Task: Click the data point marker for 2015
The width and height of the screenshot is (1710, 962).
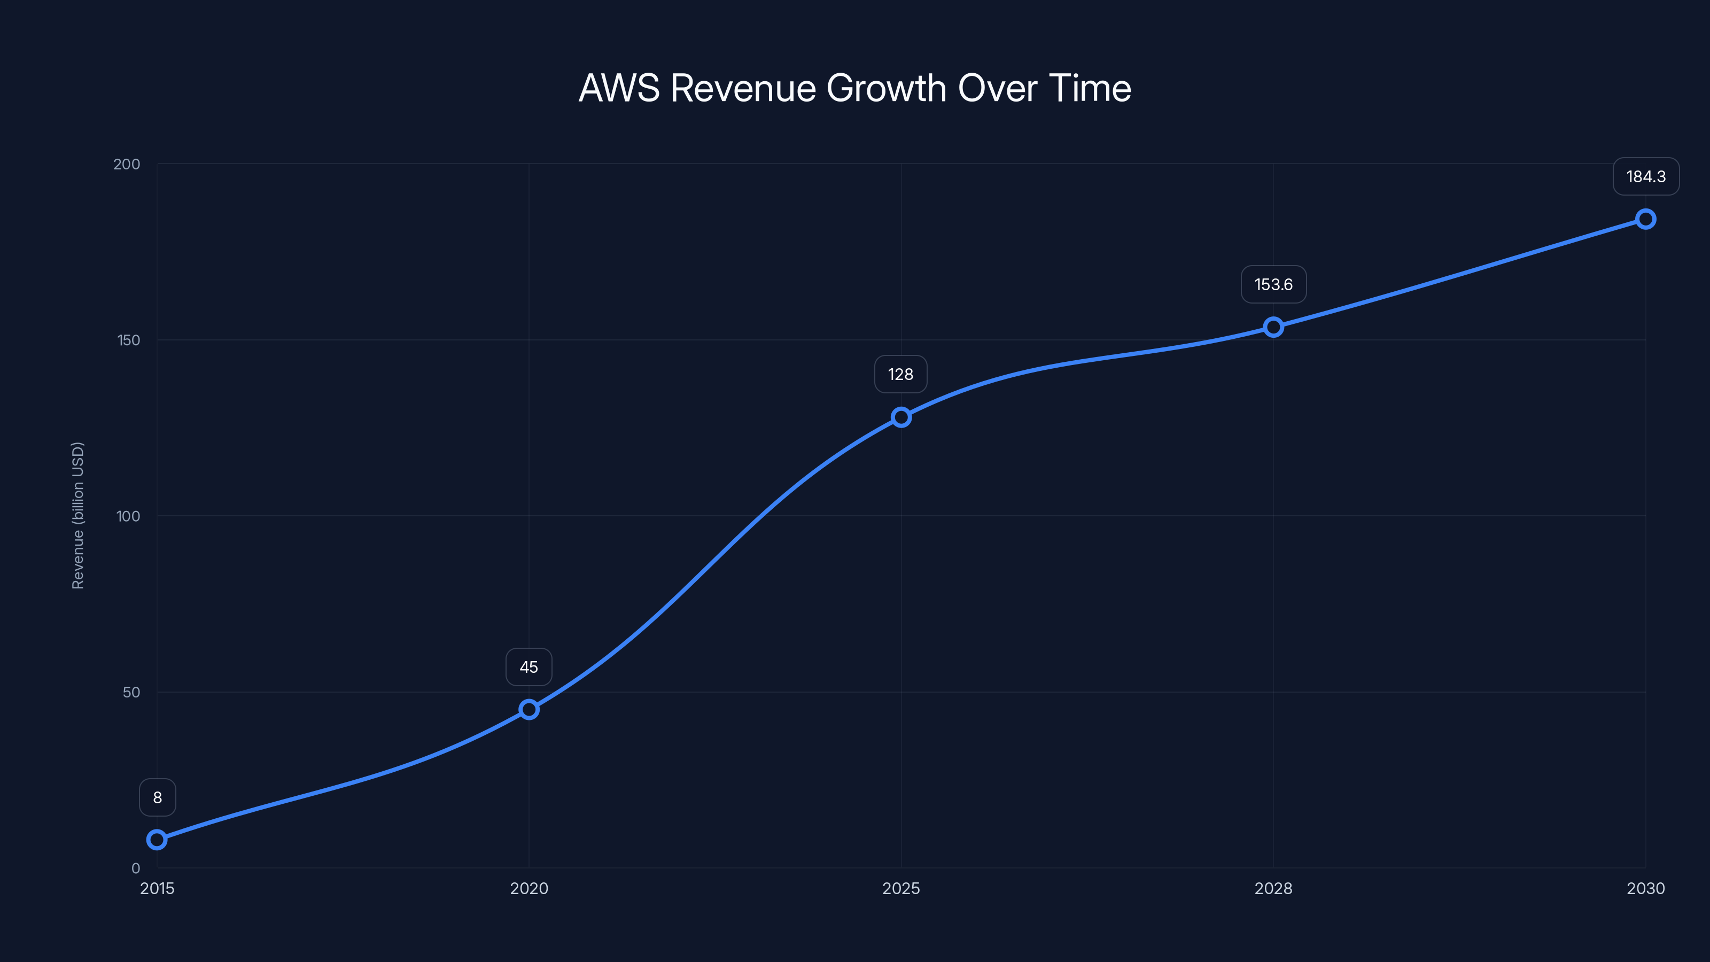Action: [157, 840]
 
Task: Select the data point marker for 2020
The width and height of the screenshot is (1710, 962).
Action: [529, 710]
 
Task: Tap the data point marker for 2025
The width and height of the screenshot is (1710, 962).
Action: [901, 417]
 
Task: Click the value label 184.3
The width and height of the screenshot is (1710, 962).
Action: [1646, 176]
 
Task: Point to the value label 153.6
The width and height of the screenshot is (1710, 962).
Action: [1273, 285]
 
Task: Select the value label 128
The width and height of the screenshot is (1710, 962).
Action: [901, 375]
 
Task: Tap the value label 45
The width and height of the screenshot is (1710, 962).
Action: [529, 667]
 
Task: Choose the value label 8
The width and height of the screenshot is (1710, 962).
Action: [157, 797]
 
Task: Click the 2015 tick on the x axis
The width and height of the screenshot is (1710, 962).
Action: [157, 888]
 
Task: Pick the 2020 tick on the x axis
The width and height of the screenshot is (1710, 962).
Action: [529, 888]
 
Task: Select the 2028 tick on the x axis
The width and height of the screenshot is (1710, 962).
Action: [1273, 888]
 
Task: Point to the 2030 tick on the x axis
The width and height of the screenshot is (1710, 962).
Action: [1646, 888]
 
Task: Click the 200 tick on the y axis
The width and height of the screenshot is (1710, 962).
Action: [127, 164]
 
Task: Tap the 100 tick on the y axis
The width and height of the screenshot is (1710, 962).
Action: [128, 516]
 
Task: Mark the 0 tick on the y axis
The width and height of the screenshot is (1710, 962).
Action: [135, 868]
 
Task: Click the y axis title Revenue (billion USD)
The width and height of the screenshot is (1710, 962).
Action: [77, 515]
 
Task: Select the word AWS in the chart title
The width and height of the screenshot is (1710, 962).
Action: [619, 88]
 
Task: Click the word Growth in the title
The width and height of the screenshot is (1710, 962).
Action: [886, 88]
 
